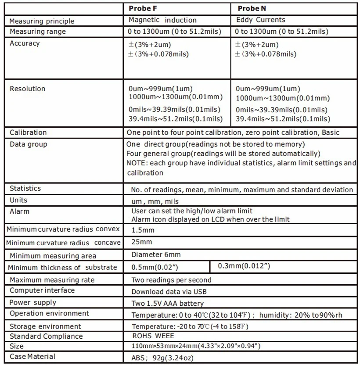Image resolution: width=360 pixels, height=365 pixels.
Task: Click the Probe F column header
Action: [143, 8]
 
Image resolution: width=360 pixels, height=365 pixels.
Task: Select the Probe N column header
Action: [252, 8]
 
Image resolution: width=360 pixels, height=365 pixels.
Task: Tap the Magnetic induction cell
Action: [162, 20]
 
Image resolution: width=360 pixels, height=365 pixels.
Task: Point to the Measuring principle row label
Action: [42, 21]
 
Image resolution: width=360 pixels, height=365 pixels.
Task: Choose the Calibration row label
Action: [28, 132]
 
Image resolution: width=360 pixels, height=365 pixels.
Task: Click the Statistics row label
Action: [25, 189]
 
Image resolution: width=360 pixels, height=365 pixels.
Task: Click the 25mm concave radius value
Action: [142, 242]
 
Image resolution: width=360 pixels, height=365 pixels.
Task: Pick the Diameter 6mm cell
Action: [156, 254]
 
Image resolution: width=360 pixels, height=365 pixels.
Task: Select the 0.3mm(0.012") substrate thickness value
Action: [244, 266]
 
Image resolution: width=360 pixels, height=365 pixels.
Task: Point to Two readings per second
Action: [171, 280]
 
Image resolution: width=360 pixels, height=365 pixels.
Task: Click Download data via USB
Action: [169, 292]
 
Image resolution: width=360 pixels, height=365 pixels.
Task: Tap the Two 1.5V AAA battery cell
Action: [168, 303]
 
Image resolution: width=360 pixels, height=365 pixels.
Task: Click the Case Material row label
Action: [32, 356]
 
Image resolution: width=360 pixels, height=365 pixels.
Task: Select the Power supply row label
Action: [33, 303]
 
